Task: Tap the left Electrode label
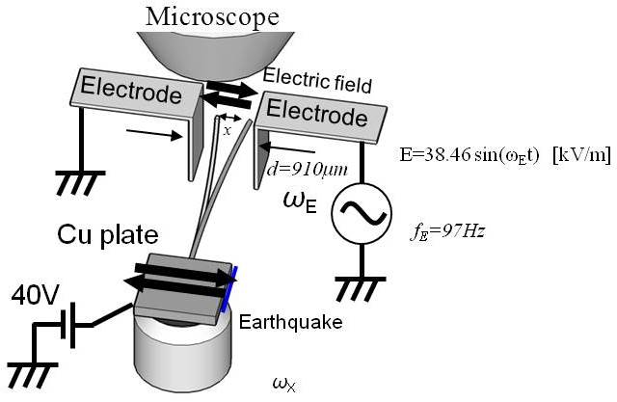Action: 131,94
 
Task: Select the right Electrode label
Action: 317,114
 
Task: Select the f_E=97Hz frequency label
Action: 438,231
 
